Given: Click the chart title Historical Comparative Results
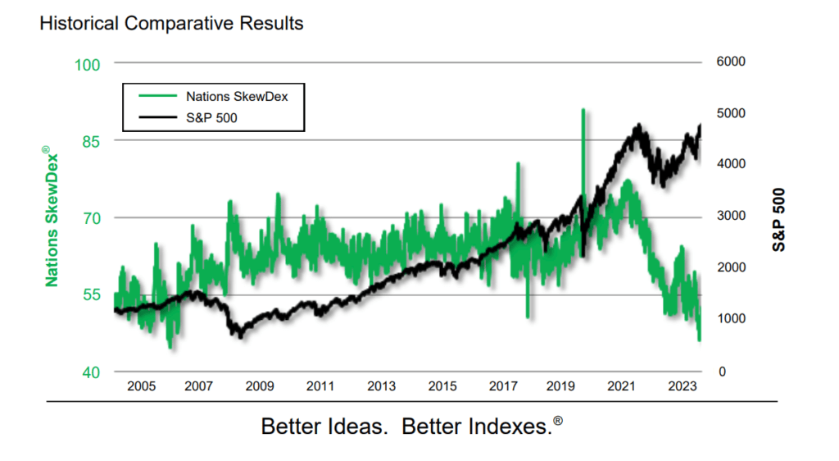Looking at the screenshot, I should pos(171,23).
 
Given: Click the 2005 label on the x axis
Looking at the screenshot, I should pos(141,386).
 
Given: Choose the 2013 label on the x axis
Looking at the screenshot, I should pos(382,386).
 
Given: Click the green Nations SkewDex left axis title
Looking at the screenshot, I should pos(52,217).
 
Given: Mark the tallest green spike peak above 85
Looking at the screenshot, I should pos(583,110).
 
